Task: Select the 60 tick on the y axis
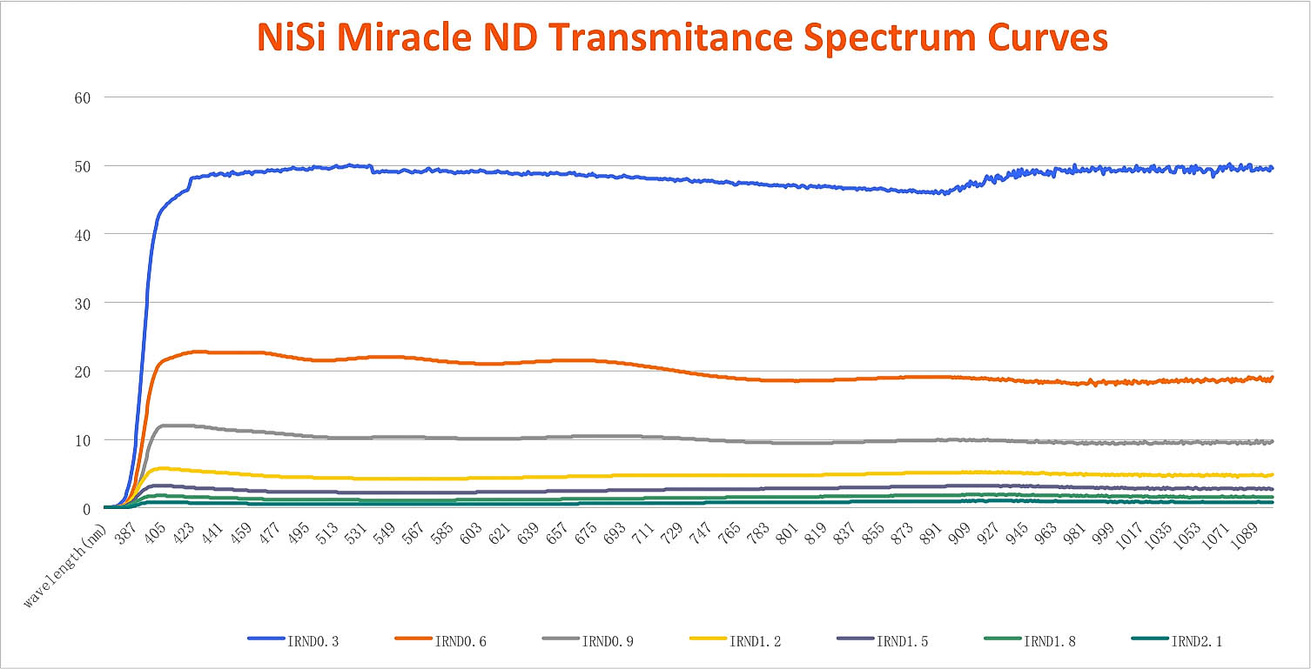(x=84, y=97)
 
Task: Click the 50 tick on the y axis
(x=84, y=165)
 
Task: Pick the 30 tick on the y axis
(x=84, y=303)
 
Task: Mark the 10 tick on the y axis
(x=84, y=440)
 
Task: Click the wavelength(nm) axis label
(x=65, y=565)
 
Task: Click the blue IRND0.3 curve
(x=609, y=175)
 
